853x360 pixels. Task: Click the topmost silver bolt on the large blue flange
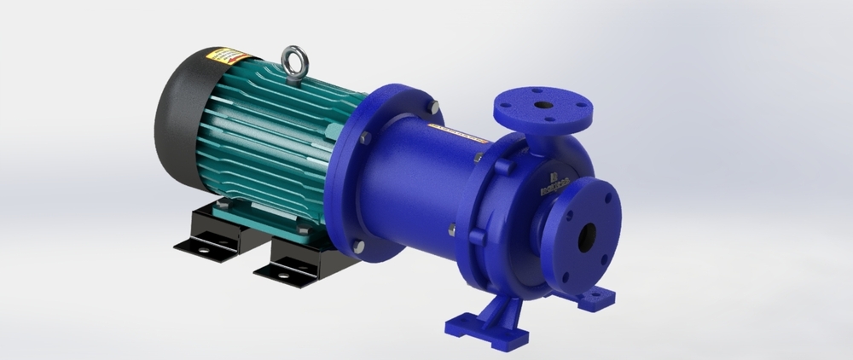point(434,107)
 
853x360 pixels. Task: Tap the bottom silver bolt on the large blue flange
point(358,246)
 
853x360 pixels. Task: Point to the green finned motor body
point(273,136)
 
